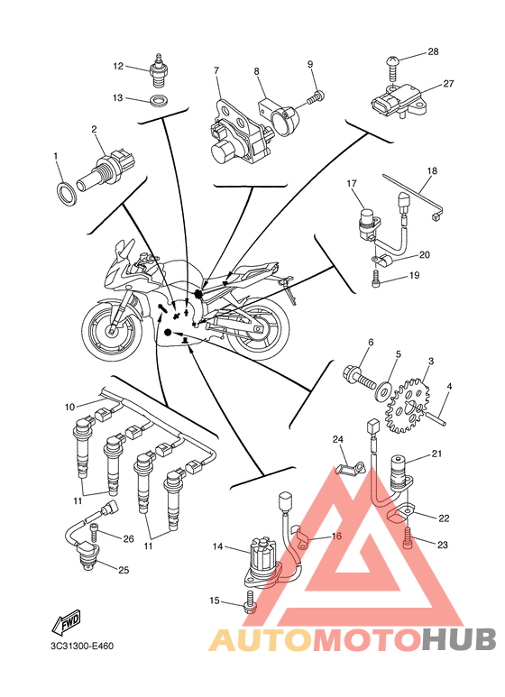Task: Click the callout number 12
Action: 118,66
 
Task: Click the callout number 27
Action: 448,83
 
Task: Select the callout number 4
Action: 449,387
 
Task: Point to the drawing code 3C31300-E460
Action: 82,646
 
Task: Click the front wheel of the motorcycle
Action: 111,328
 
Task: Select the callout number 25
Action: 124,569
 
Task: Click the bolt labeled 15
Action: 249,601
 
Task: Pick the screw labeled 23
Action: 408,538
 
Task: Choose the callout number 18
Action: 432,170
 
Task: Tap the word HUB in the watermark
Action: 459,639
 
